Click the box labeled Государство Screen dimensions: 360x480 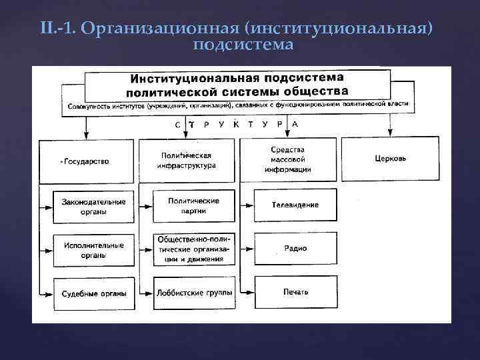coord(87,161)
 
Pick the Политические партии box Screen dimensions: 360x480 coord(194,205)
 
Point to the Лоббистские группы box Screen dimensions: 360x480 coord(194,292)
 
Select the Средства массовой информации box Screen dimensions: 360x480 coord(288,159)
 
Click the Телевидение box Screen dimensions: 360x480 coord(295,205)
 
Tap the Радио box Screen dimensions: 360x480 coord(295,248)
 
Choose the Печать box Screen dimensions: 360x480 coord(295,292)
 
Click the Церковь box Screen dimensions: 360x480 coord(390,159)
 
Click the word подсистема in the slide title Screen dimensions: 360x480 coord(243,45)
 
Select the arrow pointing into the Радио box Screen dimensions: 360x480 coord(248,248)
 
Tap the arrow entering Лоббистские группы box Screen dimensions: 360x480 coord(147,292)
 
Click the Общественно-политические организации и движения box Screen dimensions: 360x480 coord(194,249)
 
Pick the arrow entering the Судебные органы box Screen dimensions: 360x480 coord(47,293)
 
